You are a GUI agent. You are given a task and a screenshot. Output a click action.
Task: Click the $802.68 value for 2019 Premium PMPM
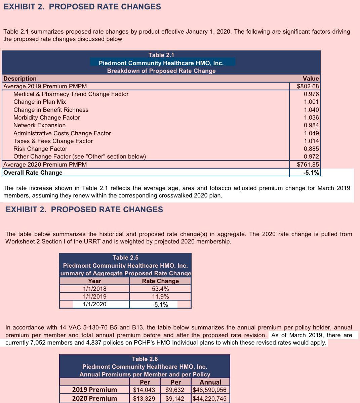point(308,86)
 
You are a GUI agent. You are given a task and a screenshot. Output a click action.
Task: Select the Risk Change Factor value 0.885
point(311,149)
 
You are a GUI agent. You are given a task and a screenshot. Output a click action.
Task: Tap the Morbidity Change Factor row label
point(47,118)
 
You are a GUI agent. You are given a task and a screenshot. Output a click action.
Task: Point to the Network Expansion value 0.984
point(311,125)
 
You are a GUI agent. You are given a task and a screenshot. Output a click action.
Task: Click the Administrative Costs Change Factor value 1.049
point(311,133)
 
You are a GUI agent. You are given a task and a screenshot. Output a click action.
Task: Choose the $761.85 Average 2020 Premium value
point(308,165)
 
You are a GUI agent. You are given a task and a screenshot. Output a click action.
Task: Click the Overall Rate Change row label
point(33,173)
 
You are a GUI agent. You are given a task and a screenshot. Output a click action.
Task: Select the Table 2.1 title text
point(161,55)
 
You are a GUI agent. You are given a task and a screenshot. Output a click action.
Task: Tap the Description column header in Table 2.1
point(20,79)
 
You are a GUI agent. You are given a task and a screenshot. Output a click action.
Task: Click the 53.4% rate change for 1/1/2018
point(160,289)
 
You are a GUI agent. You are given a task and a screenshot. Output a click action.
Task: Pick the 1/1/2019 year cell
point(94,297)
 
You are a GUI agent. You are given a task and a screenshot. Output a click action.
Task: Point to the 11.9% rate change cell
point(160,297)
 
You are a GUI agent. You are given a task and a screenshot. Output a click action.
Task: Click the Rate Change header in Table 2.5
point(160,281)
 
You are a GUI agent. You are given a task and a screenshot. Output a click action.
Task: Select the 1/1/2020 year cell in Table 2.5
point(94,305)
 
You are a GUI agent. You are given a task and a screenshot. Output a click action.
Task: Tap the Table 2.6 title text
point(145,359)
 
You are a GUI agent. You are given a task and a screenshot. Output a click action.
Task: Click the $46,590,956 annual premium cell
point(210,390)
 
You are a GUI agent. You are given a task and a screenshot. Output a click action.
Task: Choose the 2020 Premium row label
point(94,399)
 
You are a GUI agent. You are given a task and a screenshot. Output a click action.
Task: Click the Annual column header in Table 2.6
point(210,382)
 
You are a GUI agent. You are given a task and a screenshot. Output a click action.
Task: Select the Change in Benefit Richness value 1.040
point(311,110)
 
